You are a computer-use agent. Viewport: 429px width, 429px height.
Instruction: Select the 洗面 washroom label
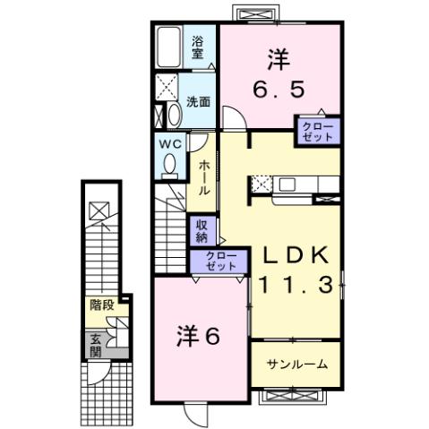coord(198,101)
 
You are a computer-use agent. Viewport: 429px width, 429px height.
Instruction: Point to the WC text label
coord(171,143)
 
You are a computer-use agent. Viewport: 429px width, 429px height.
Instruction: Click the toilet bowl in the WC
coord(168,164)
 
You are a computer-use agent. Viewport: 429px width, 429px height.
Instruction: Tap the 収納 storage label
coord(202,231)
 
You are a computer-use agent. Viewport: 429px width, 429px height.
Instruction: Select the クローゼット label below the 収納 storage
coord(214,262)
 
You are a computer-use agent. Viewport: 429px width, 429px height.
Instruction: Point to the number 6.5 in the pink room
coord(279,89)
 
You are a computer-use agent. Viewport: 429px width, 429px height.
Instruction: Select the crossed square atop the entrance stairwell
coord(98,212)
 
